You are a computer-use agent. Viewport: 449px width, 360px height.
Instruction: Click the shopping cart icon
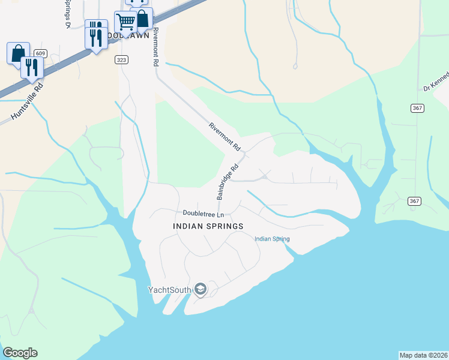pyautogui.click(x=125, y=22)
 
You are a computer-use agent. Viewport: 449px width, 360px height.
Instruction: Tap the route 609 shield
pyautogui.click(x=40, y=53)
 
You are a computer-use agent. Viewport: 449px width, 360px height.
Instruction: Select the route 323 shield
pyautogui.click(x=122, y=59)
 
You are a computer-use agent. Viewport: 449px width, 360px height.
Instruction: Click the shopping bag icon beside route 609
pyautogui.click(x=18, y=52)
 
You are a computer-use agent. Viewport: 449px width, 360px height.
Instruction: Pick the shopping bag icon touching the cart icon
pyautogui.click(x=142, y=19)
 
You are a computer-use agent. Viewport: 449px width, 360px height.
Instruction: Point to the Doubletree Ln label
pyautogui.click(x=203, y=214)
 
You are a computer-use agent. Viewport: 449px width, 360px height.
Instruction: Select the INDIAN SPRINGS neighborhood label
pyautogui.click(x=208, y=226)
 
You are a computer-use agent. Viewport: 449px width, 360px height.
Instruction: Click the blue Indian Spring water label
pyautogui.click(x=272, y=239)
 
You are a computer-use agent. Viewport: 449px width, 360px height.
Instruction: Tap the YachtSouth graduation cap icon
pyautogui.click(x=200, y=290)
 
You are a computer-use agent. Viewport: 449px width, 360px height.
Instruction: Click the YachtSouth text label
pyautogui.click(x=169, y=290)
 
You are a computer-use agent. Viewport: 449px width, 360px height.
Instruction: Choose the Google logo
pyautogui.click(x=20, y=353)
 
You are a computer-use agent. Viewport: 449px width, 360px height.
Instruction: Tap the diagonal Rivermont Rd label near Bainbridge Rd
pyautogui.click(x=224, y=136)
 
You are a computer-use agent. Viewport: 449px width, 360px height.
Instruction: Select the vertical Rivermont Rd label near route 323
pyautogui.click(x=155, y=46)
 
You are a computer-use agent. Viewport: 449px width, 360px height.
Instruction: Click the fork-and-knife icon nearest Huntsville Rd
pyautogui.click(x=31, y=67)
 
